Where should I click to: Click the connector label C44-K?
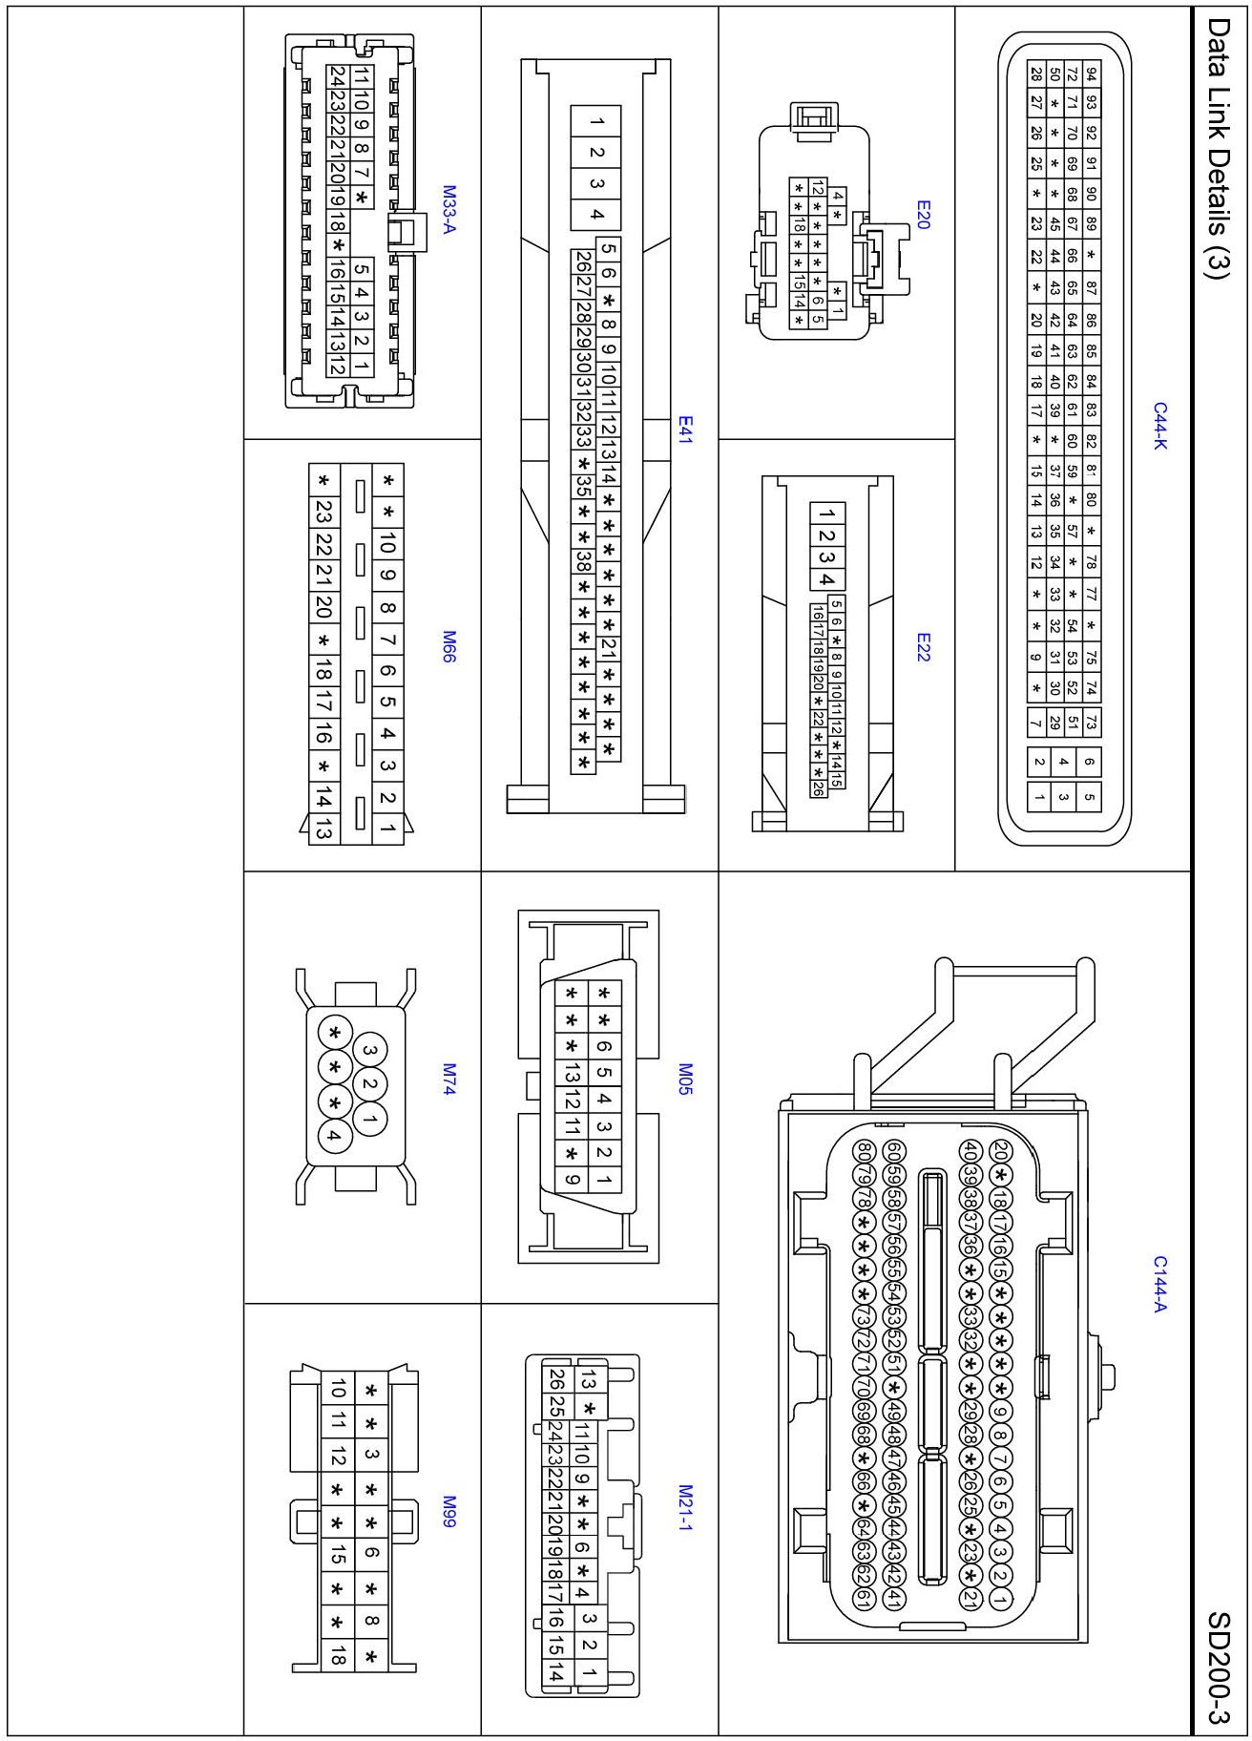pyautogui.click(x=1159, y=426)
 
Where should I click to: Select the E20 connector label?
pyautogui.click(x=922, y=215)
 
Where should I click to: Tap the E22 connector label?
pyautogui.click(x=922, y=647)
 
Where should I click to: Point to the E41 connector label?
pyautogui.click(x=684, y=430)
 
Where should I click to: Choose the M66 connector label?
pyautogui.click(x=449, y=646)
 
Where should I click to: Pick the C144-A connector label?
pyautogui.click(x=1159, y=1284)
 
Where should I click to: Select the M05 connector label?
pyautogui.click(x=684, y=1079)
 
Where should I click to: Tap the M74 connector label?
pyautogui.click(x=449, y=1079)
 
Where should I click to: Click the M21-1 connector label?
pyautogui.click(x=684, y=1507)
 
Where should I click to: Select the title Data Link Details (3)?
pyautogui.click(x=1218, y=148)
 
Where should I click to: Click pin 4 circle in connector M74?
pyautogui.click(x=334, y=1135)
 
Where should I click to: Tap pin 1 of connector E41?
pyautogui.click(x=596, y=121)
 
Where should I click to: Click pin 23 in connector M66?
pyautogui.click(x=323, y=512)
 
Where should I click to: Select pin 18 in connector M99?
pyautogui.click(x=337, y=1655)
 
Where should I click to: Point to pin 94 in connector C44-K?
pyautogui.click(x=1091, y=73)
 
